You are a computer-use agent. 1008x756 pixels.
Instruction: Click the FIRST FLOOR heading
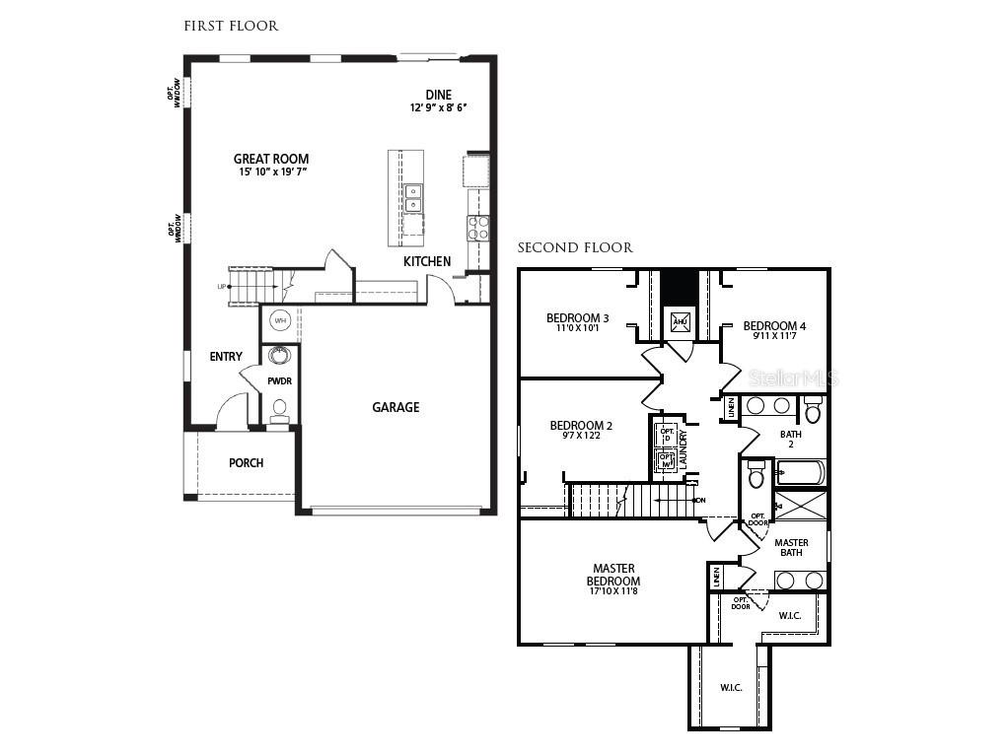coord(231,26)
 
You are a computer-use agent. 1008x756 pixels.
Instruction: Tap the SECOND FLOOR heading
coord(575,247)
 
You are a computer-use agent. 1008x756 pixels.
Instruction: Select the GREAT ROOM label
coord(270,159)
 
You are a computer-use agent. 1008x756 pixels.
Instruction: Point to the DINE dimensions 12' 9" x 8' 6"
coord(438,107)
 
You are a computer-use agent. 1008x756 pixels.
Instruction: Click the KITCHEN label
coord(427,261)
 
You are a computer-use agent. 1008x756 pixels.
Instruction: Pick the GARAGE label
coord(396,407)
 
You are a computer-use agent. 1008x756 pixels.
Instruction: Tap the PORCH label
coord(246,463)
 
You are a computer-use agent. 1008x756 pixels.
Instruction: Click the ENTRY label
coord(226,356)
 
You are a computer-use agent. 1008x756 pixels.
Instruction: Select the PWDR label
coord(279,381)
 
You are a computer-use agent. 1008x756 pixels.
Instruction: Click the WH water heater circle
coord(280,321)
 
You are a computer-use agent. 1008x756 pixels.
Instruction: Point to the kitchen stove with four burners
coord(478,229)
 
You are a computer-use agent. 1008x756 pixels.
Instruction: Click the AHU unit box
coord(680,321)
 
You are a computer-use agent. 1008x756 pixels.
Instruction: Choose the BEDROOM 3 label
coord(577,317)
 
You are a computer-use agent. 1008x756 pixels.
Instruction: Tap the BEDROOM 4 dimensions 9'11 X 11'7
coord(774,336)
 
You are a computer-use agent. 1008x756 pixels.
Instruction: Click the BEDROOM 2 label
coord(581,426)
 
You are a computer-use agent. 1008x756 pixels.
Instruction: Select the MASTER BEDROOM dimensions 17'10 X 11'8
coord(613,590)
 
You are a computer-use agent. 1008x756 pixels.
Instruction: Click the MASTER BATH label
coord(791,548)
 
